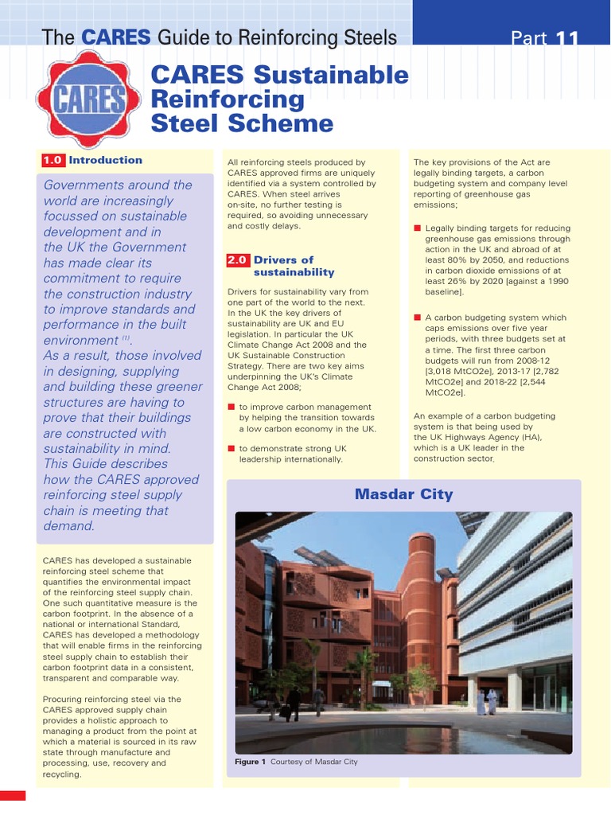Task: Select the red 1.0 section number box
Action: click(x=53, y=161)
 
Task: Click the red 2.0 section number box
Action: click(x=238, y=260)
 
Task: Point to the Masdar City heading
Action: click(x=403, y=494)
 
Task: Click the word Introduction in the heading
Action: click(x=106, y=161)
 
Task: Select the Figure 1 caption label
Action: click(x=251, y=762)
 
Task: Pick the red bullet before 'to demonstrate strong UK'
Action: click(x=231, y=449)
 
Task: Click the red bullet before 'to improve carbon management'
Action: click(x=231, y=407)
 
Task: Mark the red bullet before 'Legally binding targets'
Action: click(x=417, y=228)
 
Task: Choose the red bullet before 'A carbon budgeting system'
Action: click(x=417, y=318)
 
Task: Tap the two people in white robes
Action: click(x=487, y=701)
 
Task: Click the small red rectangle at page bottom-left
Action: click(x=13, y=795)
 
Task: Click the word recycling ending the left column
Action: click(x=61, y=774)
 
